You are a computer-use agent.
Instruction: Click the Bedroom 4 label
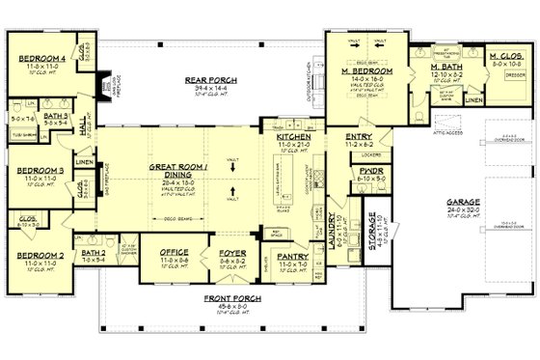click(40, 57)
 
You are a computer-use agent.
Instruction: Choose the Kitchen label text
click(293, 137)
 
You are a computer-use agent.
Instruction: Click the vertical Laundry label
click(330, 235)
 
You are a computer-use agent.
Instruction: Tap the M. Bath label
click(426, 65)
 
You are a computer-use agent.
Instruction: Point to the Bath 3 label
click(55, 115)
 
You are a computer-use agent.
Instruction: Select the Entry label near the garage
click(359, 137)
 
